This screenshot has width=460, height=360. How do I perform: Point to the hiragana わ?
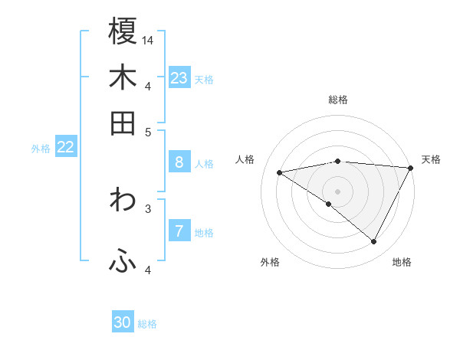point(123,200)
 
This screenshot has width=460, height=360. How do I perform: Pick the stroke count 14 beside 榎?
point(148,39)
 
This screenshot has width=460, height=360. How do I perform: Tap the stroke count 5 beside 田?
point(148,131)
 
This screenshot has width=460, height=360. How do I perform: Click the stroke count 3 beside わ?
point(148,208)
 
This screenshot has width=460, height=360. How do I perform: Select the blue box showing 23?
point(179,77)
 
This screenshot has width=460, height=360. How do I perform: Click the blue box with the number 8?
point(179,162)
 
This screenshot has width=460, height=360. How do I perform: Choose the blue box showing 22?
point(65,146)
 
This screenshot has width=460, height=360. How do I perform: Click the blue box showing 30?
point(123,322)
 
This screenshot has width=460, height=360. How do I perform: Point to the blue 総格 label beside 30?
point(147,324)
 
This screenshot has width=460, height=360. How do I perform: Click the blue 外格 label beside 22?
point(41,149)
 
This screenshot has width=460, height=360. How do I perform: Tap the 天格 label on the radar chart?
point(431,159)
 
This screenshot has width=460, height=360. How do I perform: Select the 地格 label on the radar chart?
point(402,262)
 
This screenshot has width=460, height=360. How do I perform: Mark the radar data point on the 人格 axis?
point(280,172)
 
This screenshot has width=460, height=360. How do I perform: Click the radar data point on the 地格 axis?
point(374,242)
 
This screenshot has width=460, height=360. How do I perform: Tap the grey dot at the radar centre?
point(338,191)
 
